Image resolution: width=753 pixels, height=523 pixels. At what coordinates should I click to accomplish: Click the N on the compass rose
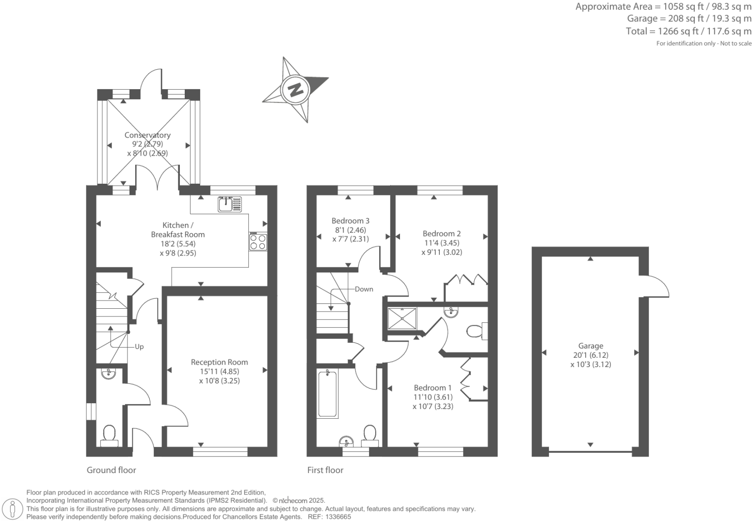(x=295, y=90)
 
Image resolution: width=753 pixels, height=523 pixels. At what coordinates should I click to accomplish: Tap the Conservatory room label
(x=147, y=135)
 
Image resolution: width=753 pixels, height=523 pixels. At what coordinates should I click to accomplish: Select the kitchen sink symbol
(x=229, y=205)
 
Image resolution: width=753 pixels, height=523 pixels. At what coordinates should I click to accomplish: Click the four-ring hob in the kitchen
(x=258, y=241)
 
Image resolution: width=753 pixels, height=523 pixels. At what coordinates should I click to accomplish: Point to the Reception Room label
(x=219, y=362)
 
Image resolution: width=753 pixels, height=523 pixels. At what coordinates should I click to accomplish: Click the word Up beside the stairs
(x=139, y=347)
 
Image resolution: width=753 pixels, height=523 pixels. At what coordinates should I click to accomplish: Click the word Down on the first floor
(x=364, y=289)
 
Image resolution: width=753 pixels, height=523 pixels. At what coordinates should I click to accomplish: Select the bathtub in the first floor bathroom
(x=328, y=393)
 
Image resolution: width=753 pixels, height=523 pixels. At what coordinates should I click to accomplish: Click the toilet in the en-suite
(x=476, y=332)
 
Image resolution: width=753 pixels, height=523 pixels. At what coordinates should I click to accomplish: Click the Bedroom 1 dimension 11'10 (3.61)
(x=433, y=397)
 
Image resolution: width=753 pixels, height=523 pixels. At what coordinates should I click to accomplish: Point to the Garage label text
(x=591, y=346)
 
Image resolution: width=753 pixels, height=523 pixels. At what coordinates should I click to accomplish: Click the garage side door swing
(x=657, y=286)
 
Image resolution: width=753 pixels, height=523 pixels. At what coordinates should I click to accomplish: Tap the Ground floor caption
(x=111, y=470)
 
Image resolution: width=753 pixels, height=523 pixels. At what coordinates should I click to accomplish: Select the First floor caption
(x=325, y=470)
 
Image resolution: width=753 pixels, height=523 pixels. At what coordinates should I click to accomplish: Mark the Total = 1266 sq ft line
(x=689, y=32)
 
